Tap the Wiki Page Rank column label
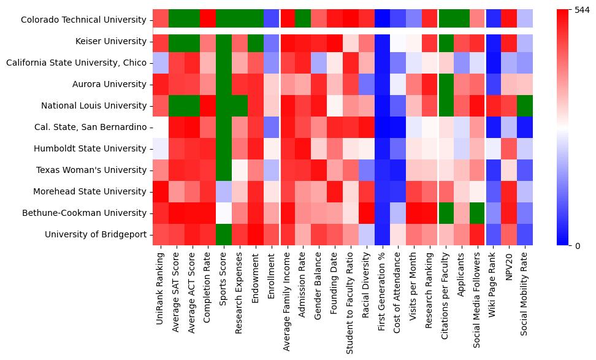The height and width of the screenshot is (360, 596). [x=493, y=288]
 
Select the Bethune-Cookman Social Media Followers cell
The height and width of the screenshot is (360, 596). [x=477, y=213]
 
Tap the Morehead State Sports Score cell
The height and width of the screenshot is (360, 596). [x=224, y=191]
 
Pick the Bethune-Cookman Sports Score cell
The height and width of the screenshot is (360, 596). [x=224, y=213]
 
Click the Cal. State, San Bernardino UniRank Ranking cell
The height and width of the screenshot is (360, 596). [x=161, y=127]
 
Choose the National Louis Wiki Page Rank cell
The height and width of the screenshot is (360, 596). [x=493, y=105]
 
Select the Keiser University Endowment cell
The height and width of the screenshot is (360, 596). [x=256, y=41]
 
